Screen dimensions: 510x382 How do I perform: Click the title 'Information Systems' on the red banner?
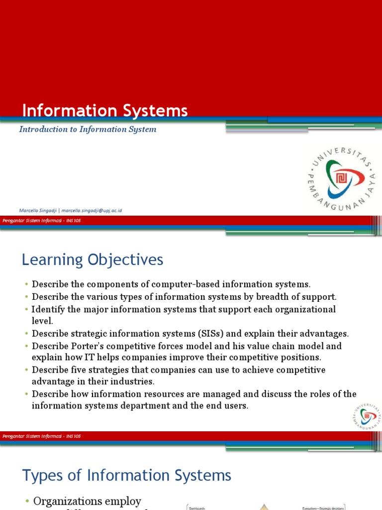105,111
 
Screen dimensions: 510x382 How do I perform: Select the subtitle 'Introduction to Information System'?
88,129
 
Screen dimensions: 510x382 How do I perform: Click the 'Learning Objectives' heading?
92,259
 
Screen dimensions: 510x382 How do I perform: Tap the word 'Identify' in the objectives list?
47,309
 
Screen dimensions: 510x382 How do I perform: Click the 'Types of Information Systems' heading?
127,475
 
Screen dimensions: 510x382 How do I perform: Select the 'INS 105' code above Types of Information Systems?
73,436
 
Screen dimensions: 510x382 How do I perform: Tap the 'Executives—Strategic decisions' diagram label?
323,508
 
